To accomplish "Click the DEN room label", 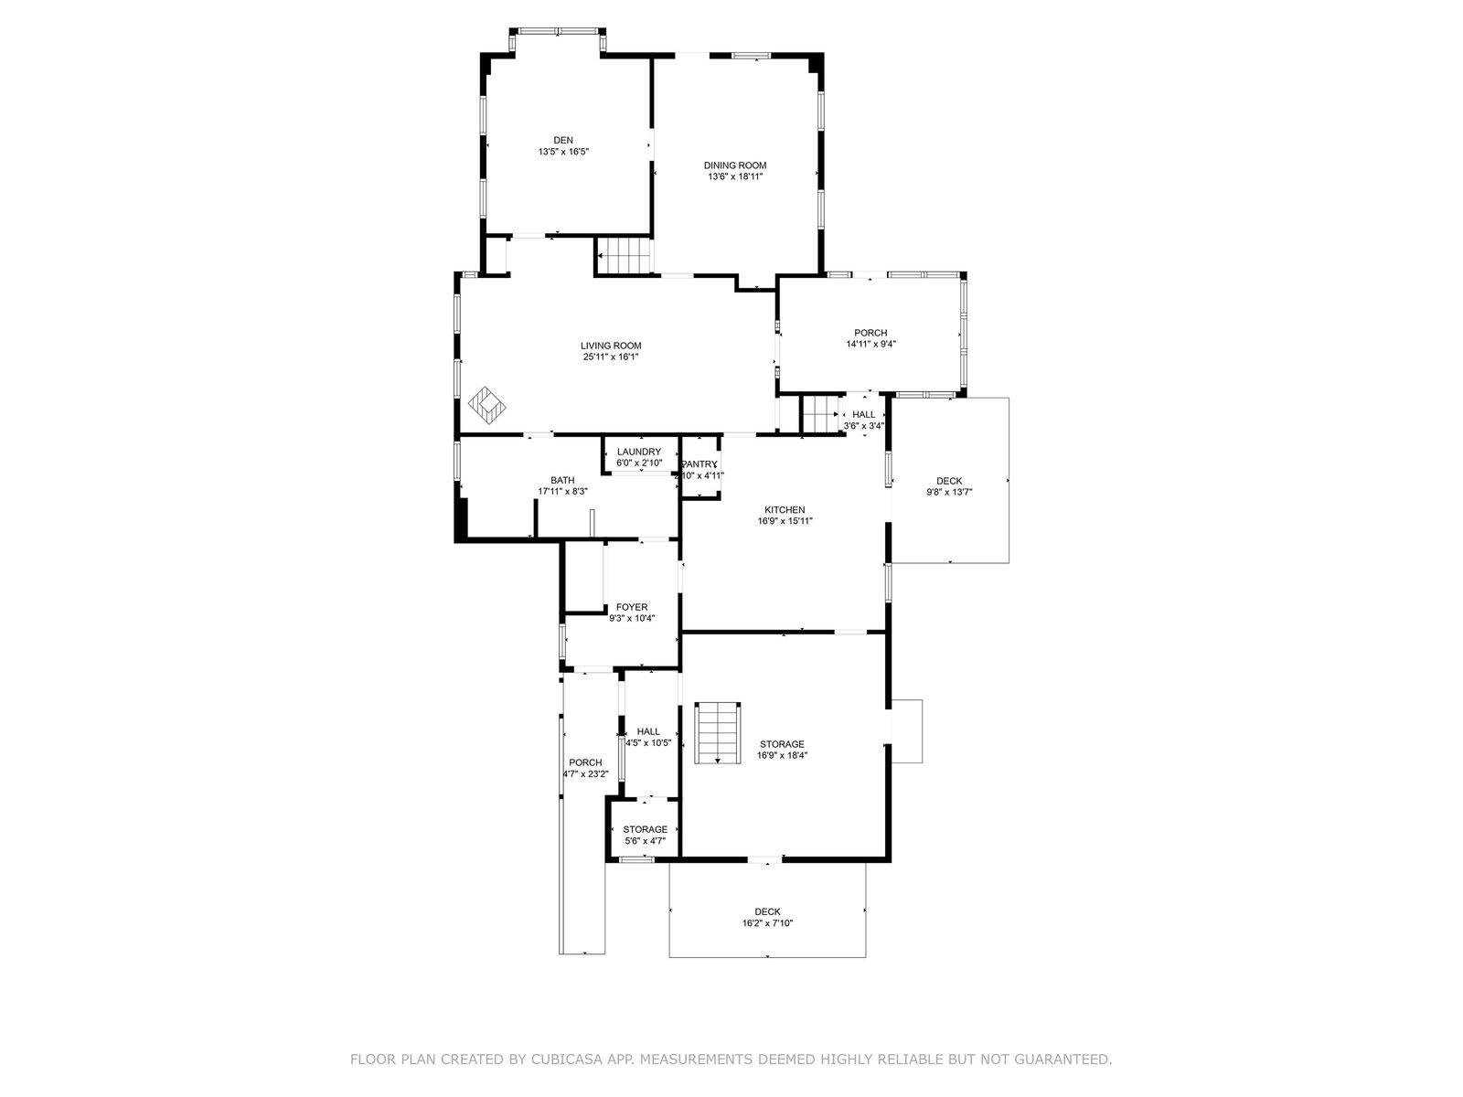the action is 563,141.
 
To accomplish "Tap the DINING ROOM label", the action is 735,165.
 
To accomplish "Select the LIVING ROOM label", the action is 611,346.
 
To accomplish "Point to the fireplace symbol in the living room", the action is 487,405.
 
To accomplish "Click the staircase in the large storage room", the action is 718,732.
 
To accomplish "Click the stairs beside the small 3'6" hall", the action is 820,414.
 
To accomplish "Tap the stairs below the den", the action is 624,255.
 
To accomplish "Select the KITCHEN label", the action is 785,510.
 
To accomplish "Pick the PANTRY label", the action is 699,464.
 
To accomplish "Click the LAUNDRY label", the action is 638,452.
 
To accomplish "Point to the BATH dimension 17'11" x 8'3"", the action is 562,492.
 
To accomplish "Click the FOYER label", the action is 631,607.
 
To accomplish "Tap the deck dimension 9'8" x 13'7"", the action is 949,492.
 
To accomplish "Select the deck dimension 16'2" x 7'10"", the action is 767,923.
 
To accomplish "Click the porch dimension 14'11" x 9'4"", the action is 870,345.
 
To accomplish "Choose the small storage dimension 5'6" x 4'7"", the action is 645,841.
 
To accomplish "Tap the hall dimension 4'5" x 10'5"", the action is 648,743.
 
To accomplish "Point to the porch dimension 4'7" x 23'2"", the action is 585,774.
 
